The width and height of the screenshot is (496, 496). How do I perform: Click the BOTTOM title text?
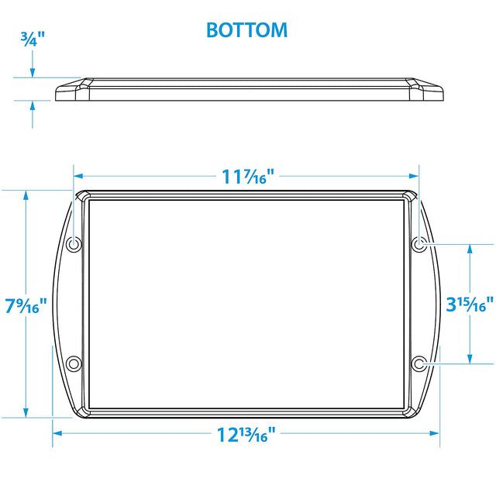tap(246, 30)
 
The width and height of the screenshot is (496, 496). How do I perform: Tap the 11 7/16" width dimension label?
tap(246, 177)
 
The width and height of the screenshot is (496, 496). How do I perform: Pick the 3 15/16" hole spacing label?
tap(469, 305)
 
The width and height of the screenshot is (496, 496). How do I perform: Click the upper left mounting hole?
tap(74, 245)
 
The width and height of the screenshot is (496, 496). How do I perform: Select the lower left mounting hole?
tap(74, 363)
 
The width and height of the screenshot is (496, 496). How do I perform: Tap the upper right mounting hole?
tap(418, 245)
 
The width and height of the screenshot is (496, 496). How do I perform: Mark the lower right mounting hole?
tap(418, 363)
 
